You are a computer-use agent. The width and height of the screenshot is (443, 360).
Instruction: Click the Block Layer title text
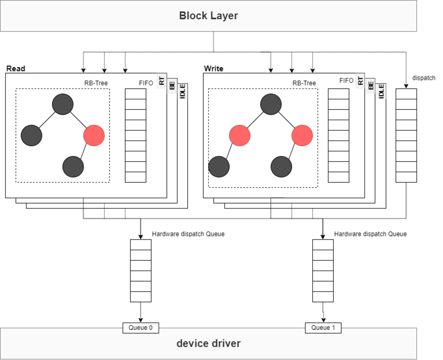[208, 16]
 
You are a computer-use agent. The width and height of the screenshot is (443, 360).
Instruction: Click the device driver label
[208, 343]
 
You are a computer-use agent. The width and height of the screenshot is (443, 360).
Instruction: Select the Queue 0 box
[140, 328]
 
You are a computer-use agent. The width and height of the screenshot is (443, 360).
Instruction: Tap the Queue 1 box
[323, 328]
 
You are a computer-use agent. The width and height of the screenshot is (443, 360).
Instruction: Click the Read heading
[16, 68]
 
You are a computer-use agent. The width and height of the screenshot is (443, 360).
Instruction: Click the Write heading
[214, 68]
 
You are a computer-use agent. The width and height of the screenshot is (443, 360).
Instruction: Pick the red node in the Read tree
[94, 135]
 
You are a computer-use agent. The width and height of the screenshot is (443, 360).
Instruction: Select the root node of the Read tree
[63, 104]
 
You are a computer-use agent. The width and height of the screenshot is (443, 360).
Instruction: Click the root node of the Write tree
[271, 104]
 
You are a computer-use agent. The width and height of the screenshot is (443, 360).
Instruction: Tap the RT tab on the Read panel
[162, 81]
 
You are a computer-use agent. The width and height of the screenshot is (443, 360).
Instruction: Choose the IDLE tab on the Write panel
[381, 91]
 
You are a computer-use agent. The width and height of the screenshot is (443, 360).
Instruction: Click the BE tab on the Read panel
[172, 85]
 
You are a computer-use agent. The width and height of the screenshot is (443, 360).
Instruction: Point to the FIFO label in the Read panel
[146, 83]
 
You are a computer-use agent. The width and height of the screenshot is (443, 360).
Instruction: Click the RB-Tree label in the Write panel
[304, 83]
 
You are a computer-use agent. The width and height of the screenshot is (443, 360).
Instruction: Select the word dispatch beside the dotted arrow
[424, 78]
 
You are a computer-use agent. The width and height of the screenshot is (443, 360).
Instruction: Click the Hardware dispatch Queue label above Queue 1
[370, 234]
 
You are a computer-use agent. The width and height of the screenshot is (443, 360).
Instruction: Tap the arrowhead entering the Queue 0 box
[141, 320]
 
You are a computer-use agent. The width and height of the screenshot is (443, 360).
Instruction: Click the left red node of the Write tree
[240, 135]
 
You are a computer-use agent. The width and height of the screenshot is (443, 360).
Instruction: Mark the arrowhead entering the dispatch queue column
[406, 86]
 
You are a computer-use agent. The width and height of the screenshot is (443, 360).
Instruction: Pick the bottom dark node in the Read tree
[73, 167]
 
